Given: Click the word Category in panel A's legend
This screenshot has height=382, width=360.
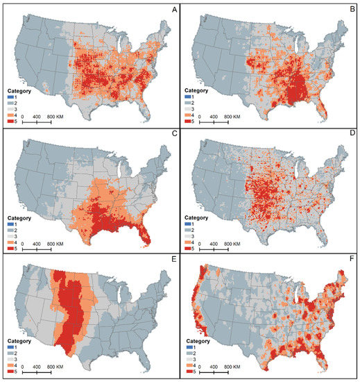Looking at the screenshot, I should (x=19, y=90).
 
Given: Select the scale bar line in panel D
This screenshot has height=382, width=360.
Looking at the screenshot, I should (x=223, y=249).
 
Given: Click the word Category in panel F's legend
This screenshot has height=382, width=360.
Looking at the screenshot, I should (x=200, y=342).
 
